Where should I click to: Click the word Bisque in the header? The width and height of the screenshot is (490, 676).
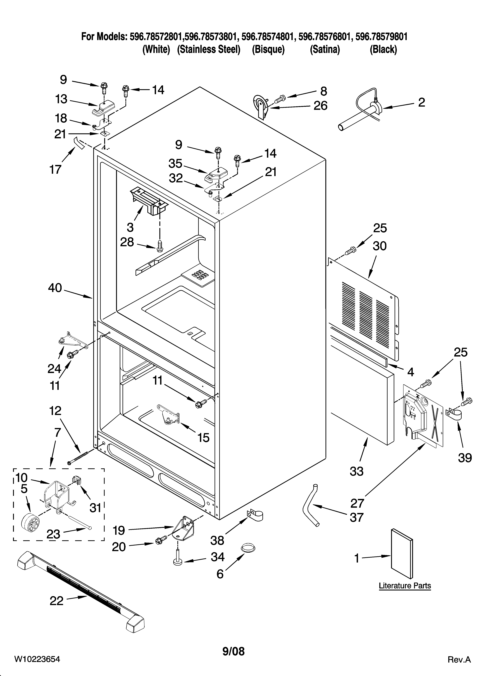[268, 49]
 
